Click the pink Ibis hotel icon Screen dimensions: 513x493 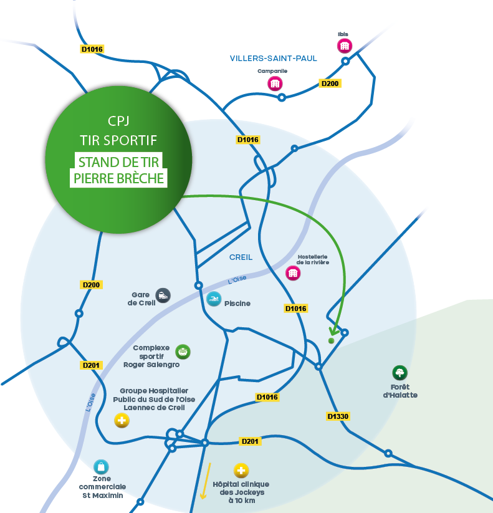click(x=344, y=46)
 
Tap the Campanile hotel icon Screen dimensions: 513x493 click(x=274, y=83)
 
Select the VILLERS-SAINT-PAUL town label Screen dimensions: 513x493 click(x=273, y=59)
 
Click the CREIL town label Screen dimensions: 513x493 click(x=241, y=257)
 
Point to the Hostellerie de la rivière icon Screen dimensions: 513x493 click(x=293, y=272)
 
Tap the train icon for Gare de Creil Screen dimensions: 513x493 click(x=163, y=295)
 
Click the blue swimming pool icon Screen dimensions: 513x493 click(x=214, y=299)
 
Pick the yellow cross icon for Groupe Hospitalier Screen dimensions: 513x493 click(x=122, y=421)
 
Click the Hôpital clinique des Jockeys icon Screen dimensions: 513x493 click(x=241, y=471)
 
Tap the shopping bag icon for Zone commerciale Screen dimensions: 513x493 click(x=101, y=466)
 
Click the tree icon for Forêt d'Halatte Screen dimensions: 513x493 click(x=400, y=373)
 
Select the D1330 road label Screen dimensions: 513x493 click(x=337, y=416)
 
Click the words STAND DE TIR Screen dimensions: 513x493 click(x=118, y=162)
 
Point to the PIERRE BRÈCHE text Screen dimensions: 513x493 click(x=118, y=178)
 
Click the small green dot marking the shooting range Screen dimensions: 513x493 click(x=331, y=341)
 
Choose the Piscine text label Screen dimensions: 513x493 click(x=237, y=304)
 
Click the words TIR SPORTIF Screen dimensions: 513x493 click(x=118, y=140)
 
